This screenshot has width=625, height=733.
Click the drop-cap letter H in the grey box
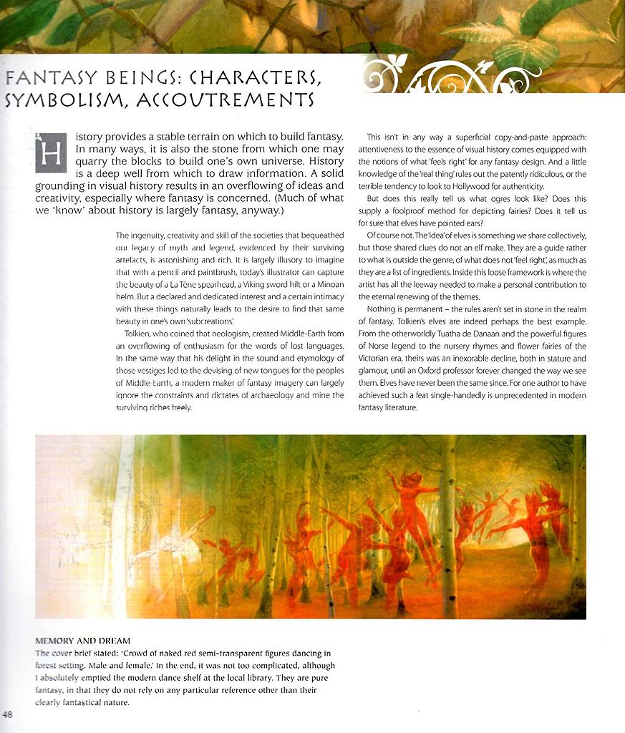[51, 153]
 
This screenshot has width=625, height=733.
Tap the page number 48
[8, 714]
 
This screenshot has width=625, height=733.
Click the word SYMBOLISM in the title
[59, 99]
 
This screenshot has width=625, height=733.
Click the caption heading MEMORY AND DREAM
[83, 640]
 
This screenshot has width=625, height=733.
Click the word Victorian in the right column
[379, 358]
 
